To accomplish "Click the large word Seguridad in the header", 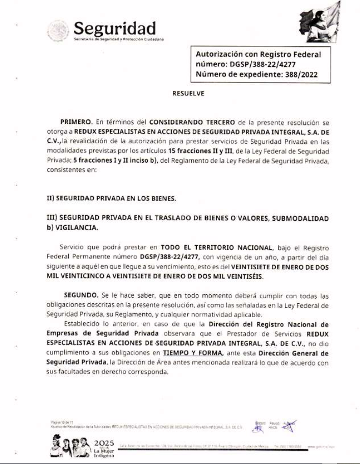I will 114,28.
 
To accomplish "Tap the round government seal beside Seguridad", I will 58,31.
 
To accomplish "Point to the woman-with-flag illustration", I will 319,22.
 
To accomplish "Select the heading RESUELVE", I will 188,93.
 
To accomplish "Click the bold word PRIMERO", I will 76,122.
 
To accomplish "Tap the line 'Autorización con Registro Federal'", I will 259,55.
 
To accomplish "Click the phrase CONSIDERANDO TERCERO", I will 192,122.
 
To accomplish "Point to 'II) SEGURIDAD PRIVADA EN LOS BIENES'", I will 112,198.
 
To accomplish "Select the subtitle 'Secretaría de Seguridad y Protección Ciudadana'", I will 118,39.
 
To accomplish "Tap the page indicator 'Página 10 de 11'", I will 62,422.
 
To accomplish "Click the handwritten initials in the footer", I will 289,426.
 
